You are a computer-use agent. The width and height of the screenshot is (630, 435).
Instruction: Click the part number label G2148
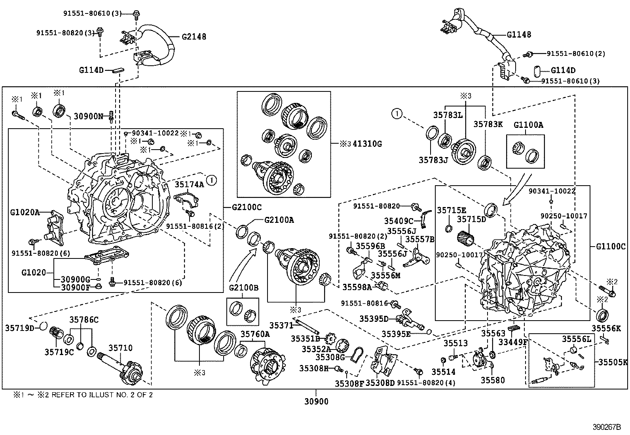coord(194,37)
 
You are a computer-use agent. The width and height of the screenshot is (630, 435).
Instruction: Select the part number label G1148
coord(519,34)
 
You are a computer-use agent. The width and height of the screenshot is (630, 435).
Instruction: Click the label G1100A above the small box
coord(528,125)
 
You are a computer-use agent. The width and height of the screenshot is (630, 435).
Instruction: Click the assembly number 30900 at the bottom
coord(317,402)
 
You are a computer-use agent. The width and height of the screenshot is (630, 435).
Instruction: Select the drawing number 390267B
coord(607,427)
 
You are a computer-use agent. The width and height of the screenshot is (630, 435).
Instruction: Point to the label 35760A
coord(255,334)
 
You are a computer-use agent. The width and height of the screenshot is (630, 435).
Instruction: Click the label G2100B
coord(243,287)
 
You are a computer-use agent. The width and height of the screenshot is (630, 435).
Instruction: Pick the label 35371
coord(281,325)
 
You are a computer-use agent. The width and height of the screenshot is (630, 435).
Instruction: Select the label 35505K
coord(613,362)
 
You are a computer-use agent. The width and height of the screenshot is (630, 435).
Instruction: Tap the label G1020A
coord(25,212)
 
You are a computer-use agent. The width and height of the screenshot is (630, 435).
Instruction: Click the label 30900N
coord(88,116)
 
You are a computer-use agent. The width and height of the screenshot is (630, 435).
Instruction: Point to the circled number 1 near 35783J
coord(397,114)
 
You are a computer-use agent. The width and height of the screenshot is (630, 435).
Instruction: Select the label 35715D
coord(471,219)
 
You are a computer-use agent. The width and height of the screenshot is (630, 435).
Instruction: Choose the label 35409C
coord(398,220)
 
